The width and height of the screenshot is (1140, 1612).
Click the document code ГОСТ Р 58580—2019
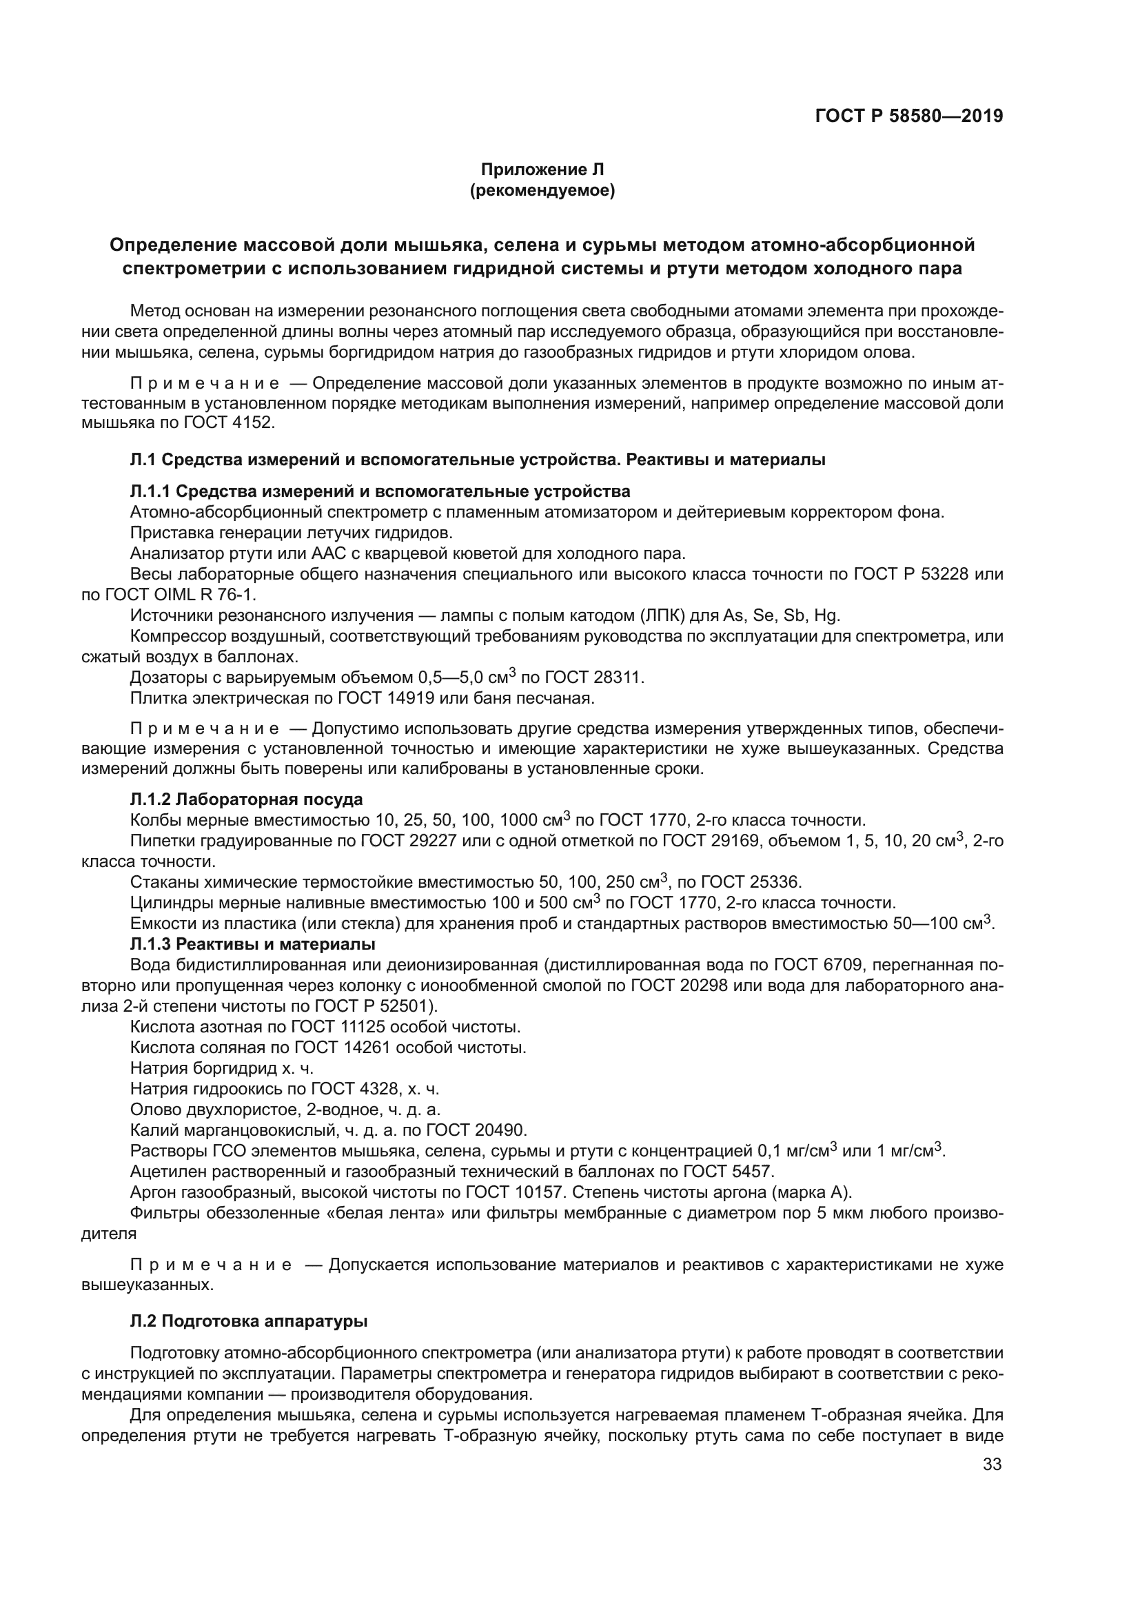[x=908, y=116]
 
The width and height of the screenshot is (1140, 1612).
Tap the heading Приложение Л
[x=542, y=170]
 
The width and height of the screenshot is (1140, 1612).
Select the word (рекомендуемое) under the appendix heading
[x=542, y=190]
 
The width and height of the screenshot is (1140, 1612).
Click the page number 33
[x=992, y=1464]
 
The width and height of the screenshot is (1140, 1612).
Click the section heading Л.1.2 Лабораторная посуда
[x=246, y=799]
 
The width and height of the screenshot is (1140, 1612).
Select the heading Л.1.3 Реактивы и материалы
[x=252, y=943]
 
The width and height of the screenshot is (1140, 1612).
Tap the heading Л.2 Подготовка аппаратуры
[x=249, y=1320]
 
